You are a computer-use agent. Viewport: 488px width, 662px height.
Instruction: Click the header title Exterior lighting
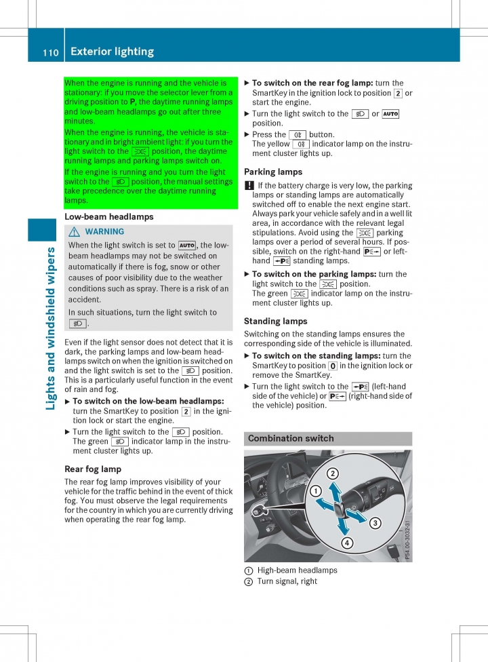112,52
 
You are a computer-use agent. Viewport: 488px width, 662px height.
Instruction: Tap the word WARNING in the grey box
105,232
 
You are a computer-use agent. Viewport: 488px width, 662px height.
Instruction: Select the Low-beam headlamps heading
108,217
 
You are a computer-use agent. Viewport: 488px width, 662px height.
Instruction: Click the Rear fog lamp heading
93,469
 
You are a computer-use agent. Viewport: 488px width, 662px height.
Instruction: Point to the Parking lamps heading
273,172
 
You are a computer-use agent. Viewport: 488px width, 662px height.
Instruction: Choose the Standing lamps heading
275,321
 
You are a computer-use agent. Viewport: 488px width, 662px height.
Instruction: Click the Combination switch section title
291,439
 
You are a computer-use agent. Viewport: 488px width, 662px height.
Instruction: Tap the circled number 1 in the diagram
316,490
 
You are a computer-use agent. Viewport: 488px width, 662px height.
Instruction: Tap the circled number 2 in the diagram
333,473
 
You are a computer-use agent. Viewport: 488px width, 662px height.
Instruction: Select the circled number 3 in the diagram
375,522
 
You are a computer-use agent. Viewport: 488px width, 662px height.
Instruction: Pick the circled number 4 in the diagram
346,543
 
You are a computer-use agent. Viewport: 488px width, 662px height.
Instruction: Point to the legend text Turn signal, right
287,581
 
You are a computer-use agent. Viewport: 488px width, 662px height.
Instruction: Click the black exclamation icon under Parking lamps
248,186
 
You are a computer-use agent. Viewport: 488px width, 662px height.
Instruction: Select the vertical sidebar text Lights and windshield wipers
51,328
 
